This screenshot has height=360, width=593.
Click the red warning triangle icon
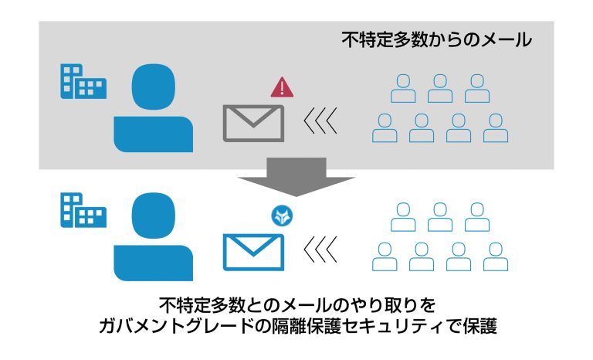click(282, 87)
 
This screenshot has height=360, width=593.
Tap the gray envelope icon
click(253, 124)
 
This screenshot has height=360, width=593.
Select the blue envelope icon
click(253, 252)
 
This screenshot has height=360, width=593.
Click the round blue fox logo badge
click(282, 216)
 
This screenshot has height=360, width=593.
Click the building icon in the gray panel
click(83, 81)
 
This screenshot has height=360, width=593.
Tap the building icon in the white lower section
click(83, 210)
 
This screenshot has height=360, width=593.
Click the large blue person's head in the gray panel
click(154, 87)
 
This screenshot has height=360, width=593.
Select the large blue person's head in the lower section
click(154, 216)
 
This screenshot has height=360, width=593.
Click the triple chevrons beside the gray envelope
click(320, 121)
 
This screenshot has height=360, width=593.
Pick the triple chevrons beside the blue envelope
click(320, 250)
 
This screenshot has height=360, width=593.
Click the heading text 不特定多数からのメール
click(437, 40)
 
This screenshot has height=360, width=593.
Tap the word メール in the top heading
click(506, 40)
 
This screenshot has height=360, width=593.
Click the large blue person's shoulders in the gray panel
click(154, 134)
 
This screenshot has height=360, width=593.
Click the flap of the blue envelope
click(253, 243)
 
